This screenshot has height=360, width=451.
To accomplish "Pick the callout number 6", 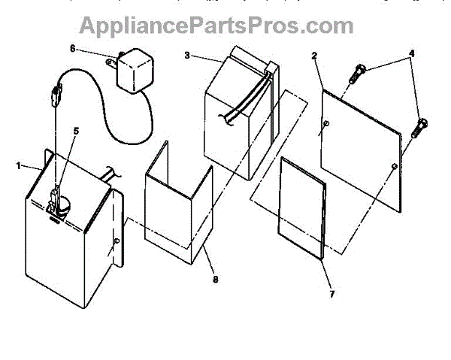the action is click(x=73, y=48).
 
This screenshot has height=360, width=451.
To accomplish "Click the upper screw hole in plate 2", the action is click(x=325, y=123).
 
